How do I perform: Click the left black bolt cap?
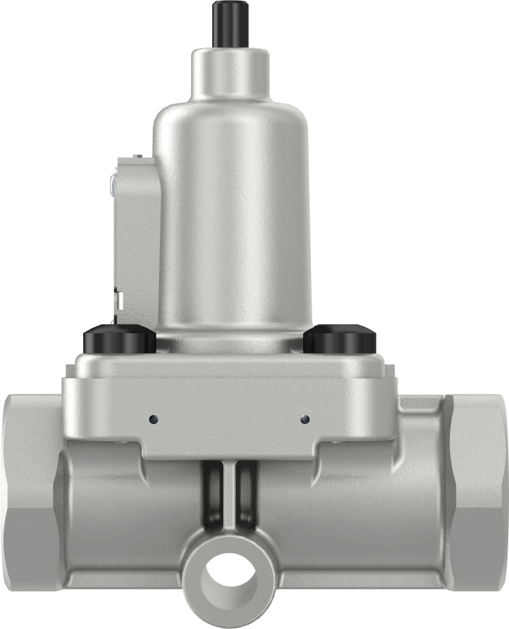tap(119, 340)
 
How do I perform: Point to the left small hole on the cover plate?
tap(152, 418)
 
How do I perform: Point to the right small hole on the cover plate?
tap(305, 417)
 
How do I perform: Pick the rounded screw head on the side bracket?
tap(113, 184)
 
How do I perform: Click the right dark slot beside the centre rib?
tap(244, 496)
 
